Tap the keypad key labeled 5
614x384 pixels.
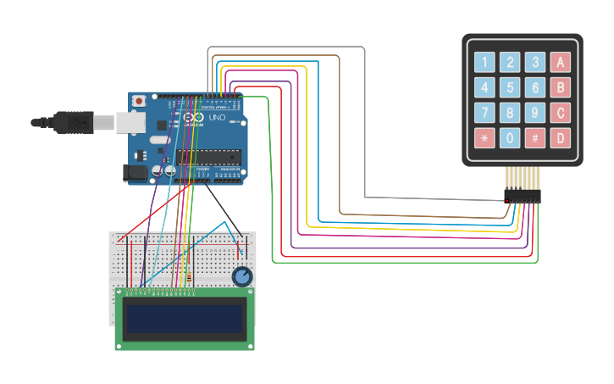tap(510, 87)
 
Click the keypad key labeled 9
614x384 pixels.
tap(534, 113)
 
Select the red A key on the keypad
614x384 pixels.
tap(560, 62)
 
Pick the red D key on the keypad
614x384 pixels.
tap(560, 138)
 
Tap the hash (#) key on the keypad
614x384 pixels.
tap(534, 138)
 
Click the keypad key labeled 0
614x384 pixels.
tap(510, 138)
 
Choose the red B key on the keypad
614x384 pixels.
tap(560, 87)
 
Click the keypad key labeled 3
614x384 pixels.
tap(534, 62)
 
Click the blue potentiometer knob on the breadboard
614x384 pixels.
tap(242, 276)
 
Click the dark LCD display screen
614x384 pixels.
tap(185, 317)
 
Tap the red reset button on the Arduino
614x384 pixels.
tap(139, 101)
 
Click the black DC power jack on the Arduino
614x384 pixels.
tap(135, 173)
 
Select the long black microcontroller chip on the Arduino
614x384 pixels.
tap(208, 156)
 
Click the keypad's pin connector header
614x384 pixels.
tap(522, 195)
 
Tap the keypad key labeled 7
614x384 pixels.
tap(484, 113)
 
